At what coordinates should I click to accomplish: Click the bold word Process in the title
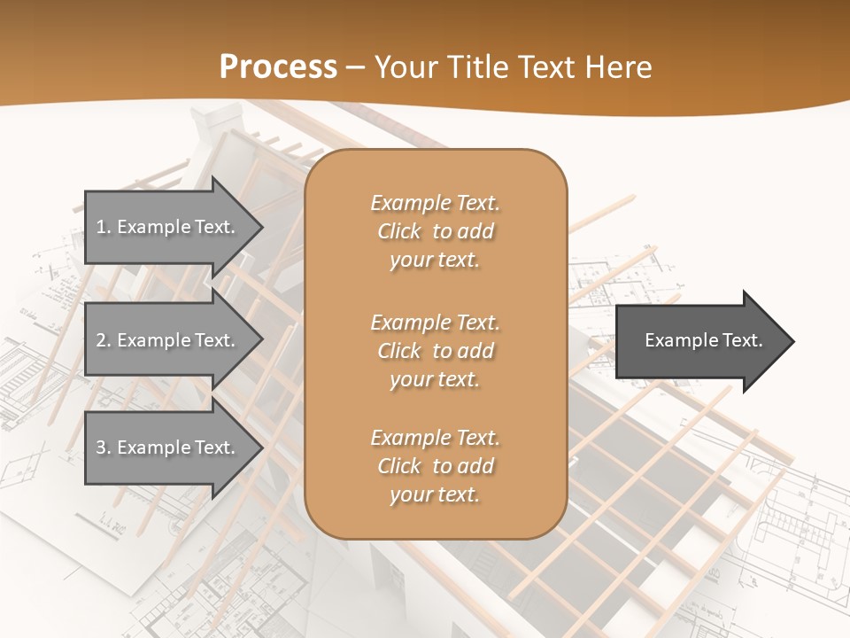click(x=278, y=67)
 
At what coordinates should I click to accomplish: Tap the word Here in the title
click(x=616, y=67)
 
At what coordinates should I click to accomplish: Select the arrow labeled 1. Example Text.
click(x=168, y=228)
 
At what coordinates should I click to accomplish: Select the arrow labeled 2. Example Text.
click(x=168, y=340)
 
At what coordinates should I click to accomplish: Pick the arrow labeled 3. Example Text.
click(x=168, y=448)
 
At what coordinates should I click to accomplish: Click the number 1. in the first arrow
click(x=104, y=228)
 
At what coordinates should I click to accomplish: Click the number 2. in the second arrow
click(x=104, y=340)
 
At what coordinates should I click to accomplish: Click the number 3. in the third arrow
click(x=104, y=448)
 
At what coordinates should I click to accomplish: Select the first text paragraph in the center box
click(x=435, y=231)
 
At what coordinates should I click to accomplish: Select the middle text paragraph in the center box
click(x=435, y=351)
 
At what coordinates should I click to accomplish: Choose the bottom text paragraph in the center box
click(x=435, y=466)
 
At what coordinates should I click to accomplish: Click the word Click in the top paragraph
click(x=399, y=231)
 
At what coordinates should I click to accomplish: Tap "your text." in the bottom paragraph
click(x=435, y=494)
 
